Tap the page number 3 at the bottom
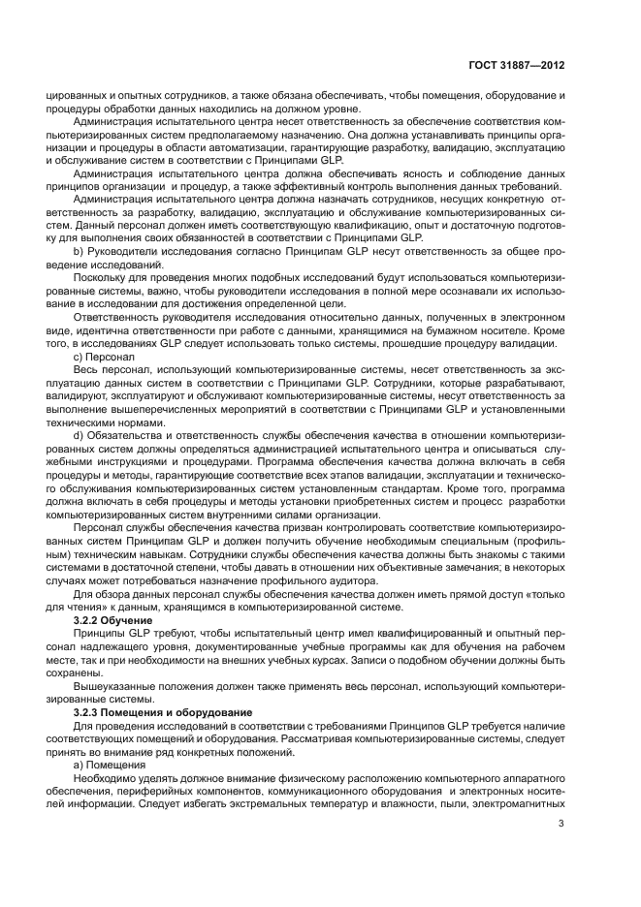tap(561, 825)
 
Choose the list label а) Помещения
tap(111, 764)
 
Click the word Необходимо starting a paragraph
tap(105, 777)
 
